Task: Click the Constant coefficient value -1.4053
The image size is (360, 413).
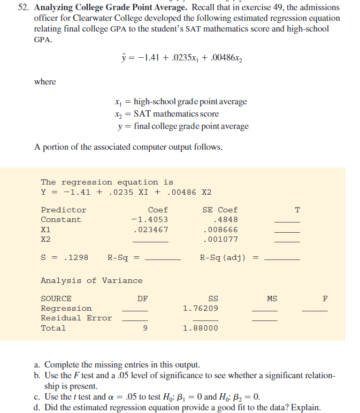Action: click(149, 220)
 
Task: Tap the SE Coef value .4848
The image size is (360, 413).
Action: click(225, 220)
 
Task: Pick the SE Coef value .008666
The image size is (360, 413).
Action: click(220, 230)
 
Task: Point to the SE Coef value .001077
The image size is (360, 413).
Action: click(220, 239)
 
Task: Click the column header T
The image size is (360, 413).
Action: click(297, 210)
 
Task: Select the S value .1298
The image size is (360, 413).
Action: click(74, 258)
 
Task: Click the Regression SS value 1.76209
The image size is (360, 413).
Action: click(200, 309)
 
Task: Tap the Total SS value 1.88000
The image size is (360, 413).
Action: click(200, 328)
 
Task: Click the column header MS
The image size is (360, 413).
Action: click(272, 299)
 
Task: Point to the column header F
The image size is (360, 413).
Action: click(325, 299)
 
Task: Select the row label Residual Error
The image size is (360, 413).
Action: click(76, 318)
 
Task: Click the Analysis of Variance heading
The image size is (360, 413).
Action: click(91, 280)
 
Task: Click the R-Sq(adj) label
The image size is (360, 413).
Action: click(223, 258)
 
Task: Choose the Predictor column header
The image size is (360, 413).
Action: click(64, 210)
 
